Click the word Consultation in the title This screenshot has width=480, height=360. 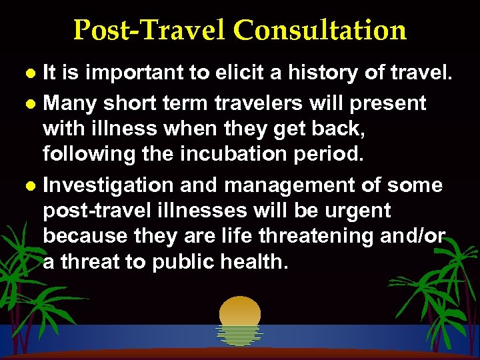[x=321, y=30]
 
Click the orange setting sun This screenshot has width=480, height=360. [x=240, y=313]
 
